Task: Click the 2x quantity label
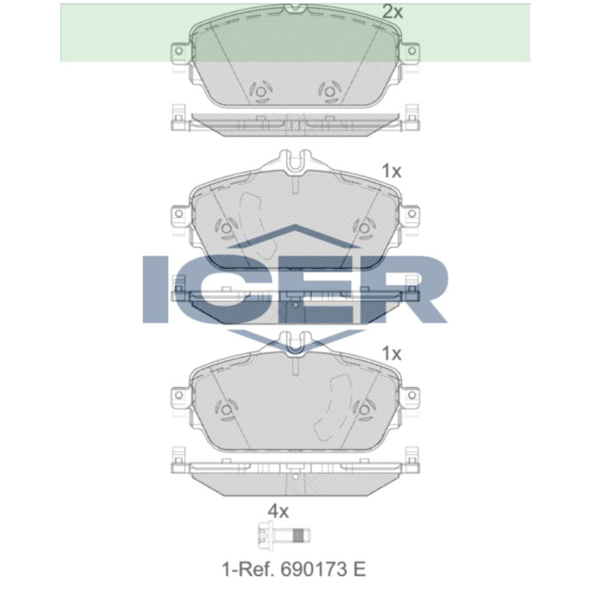(x=392, y=12)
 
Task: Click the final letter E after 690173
(x=359, y=570)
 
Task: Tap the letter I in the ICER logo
(x=155, y=289)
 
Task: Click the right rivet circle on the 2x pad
(x=329, y=92)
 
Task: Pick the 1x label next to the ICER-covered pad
(x=391, y=172)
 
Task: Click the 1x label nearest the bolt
(x=391, y=354)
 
